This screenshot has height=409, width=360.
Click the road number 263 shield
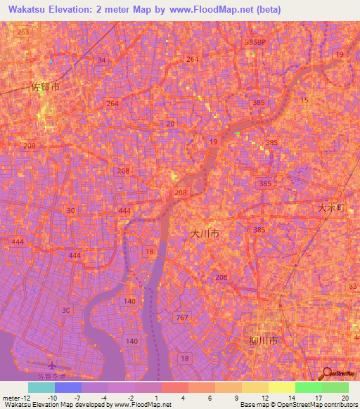(x=24, y=32)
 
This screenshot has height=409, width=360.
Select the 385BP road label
(x=257, y=43)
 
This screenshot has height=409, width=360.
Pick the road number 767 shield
(x=183, y=318)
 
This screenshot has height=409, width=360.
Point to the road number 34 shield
(x=102, y=60)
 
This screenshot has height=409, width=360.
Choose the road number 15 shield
(x=304, y=100)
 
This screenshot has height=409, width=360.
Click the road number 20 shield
(x=170, y=124)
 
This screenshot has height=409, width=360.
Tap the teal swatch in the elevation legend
(x=41, y=387)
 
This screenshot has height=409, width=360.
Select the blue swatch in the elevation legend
(x=68, y=387)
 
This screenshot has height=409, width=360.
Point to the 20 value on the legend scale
(x=345, y=398)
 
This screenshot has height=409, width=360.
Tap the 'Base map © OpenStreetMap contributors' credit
(x=297, y=405)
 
